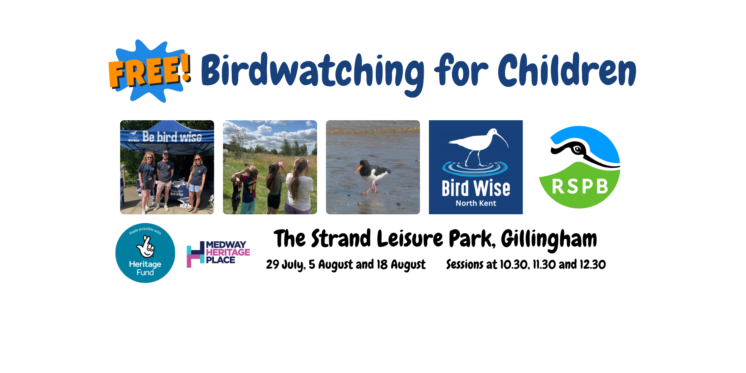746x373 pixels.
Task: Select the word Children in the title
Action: pyautogui.click(x=567, y=70)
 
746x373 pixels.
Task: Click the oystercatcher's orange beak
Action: pyautogui.click(x=359, y=168)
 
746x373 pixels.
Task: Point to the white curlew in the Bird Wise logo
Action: pyautogui.click(x=478, y=145)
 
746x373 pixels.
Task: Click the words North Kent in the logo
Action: pyautogui.click(x=476, y=203)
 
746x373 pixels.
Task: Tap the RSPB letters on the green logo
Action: pyautogui.click(x=580, y=186)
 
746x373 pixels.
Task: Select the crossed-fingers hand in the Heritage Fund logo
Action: pyautogui.click(x=145, y=247)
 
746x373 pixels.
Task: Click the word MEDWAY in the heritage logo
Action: pyautogui.click(x=226, y=244)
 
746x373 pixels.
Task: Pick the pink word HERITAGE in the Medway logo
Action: pyautogui.click(x=228, y=252)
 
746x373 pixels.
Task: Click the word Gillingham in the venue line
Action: pyautogui.click(x=549, y=240)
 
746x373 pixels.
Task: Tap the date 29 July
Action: pyautogui.click(x=285, y=265)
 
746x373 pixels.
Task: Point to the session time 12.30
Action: pyautogui.click(x=592, y=265)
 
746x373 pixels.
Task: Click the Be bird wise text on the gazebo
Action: pyautogui.click(x=172, y=137)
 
